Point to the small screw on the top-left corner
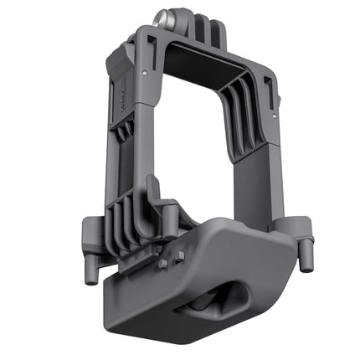pos(148,74)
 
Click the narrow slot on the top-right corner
pos(266,83)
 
